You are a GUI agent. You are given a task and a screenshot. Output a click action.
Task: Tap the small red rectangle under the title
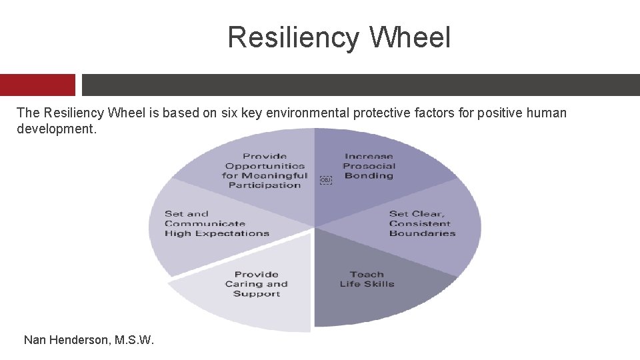[37, 85]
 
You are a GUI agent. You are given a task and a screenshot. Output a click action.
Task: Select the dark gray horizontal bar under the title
[360, 85]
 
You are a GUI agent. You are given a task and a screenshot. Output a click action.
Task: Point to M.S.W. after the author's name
[135, 340]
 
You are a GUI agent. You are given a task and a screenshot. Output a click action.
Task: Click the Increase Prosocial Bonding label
[369, 166]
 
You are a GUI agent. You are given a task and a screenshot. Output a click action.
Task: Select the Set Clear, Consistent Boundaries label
[422, 223]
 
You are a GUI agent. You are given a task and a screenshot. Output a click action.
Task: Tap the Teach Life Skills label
[367, 279]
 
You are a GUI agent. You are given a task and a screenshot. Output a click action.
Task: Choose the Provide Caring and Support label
[257, 284]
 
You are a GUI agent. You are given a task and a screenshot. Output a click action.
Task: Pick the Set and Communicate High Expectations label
[217, 223]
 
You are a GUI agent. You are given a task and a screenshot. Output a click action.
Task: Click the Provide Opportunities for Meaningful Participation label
[265, 171]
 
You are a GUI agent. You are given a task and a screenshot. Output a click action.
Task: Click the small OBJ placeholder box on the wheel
[325, 180]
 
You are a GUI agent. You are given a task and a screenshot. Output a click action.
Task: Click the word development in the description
[56, 128]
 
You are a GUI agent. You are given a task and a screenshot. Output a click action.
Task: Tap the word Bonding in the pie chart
[369, 176]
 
